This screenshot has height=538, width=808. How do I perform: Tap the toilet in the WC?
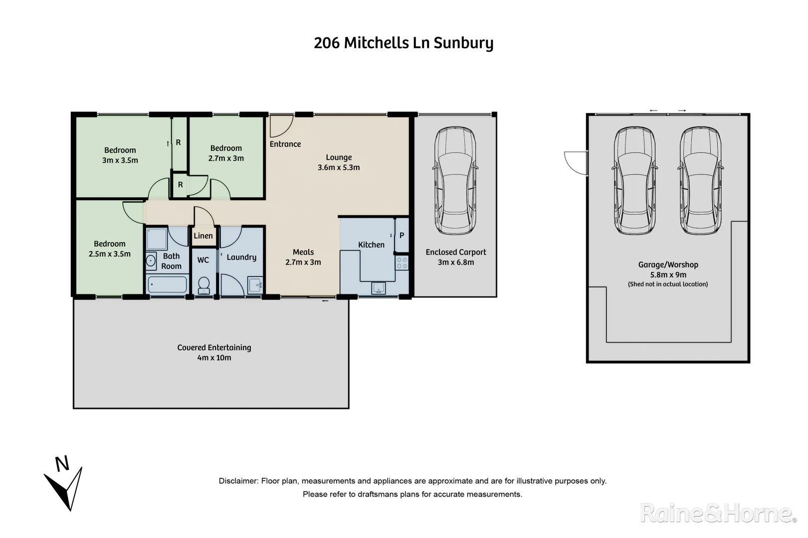(x=203, y=285)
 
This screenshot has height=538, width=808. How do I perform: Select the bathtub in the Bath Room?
(x=167, y=285)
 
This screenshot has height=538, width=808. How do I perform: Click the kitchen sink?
(x=378, y=288)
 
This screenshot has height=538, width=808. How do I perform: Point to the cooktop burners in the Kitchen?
(x=402, y=263)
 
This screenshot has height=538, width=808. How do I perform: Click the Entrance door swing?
(x=280, y=126)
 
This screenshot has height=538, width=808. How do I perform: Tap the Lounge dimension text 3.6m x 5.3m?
(x=339, y=167)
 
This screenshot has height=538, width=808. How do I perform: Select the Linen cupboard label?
(x=203, y=236)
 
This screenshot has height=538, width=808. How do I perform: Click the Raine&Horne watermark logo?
(x=718, y=513)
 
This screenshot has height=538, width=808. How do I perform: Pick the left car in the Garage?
(x=634, y=180)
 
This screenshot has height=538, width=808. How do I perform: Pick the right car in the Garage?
(x=700, y=180)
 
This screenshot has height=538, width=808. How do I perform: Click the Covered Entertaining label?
(x=214, y=348)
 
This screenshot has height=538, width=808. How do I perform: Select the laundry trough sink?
(x=255, y=285)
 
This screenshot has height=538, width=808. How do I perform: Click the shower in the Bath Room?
(x=157, y=239)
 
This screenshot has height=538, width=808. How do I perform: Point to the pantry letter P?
(x=402, y=236)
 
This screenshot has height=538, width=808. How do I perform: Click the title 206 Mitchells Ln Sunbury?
(x=404, y=43)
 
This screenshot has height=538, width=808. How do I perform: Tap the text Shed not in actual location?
(x=668, y=284)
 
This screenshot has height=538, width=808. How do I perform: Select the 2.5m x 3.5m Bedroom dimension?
(x=109, y=254)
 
